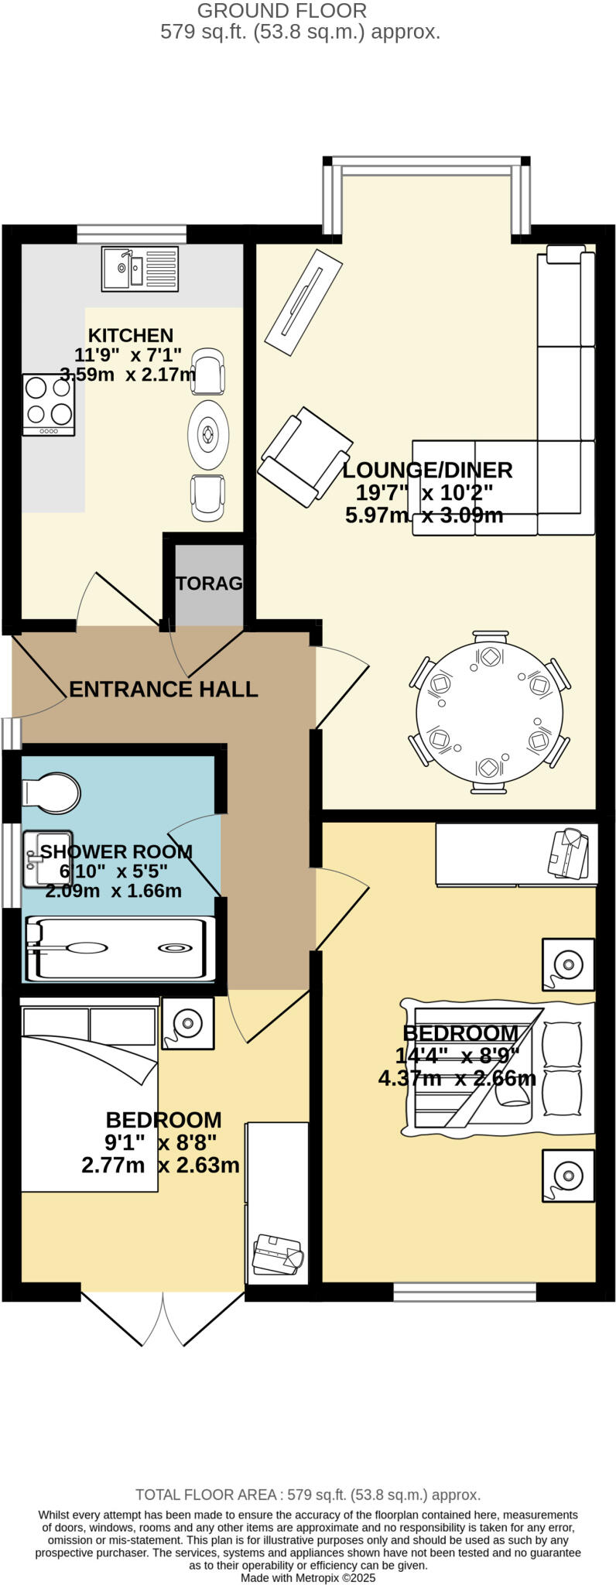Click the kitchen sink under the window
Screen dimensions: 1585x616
(139, 269)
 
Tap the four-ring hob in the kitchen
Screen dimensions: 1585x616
(49, 404)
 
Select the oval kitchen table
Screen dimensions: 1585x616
(208, 434)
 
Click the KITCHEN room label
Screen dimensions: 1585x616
(130, 336)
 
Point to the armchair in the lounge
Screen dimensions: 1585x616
(304, 457)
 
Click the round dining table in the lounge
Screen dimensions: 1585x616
(489, 711)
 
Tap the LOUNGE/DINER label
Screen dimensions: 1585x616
(427, 471)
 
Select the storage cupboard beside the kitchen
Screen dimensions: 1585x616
(208, 584)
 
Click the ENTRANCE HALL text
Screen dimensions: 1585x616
(163, 690)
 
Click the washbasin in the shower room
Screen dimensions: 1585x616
(46, 858)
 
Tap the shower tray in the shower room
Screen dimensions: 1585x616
(120, 948)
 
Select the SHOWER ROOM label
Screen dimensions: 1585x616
(116, 852)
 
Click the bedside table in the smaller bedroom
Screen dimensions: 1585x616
(187, 1023)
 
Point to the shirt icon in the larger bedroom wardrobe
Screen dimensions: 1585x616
(570, 853)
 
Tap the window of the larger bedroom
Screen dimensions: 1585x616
(464, 1292)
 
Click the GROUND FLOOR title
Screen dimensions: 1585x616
(282, 11)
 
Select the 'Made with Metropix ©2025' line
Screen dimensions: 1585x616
(308, 1577)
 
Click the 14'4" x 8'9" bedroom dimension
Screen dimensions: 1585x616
(457, 1056)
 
